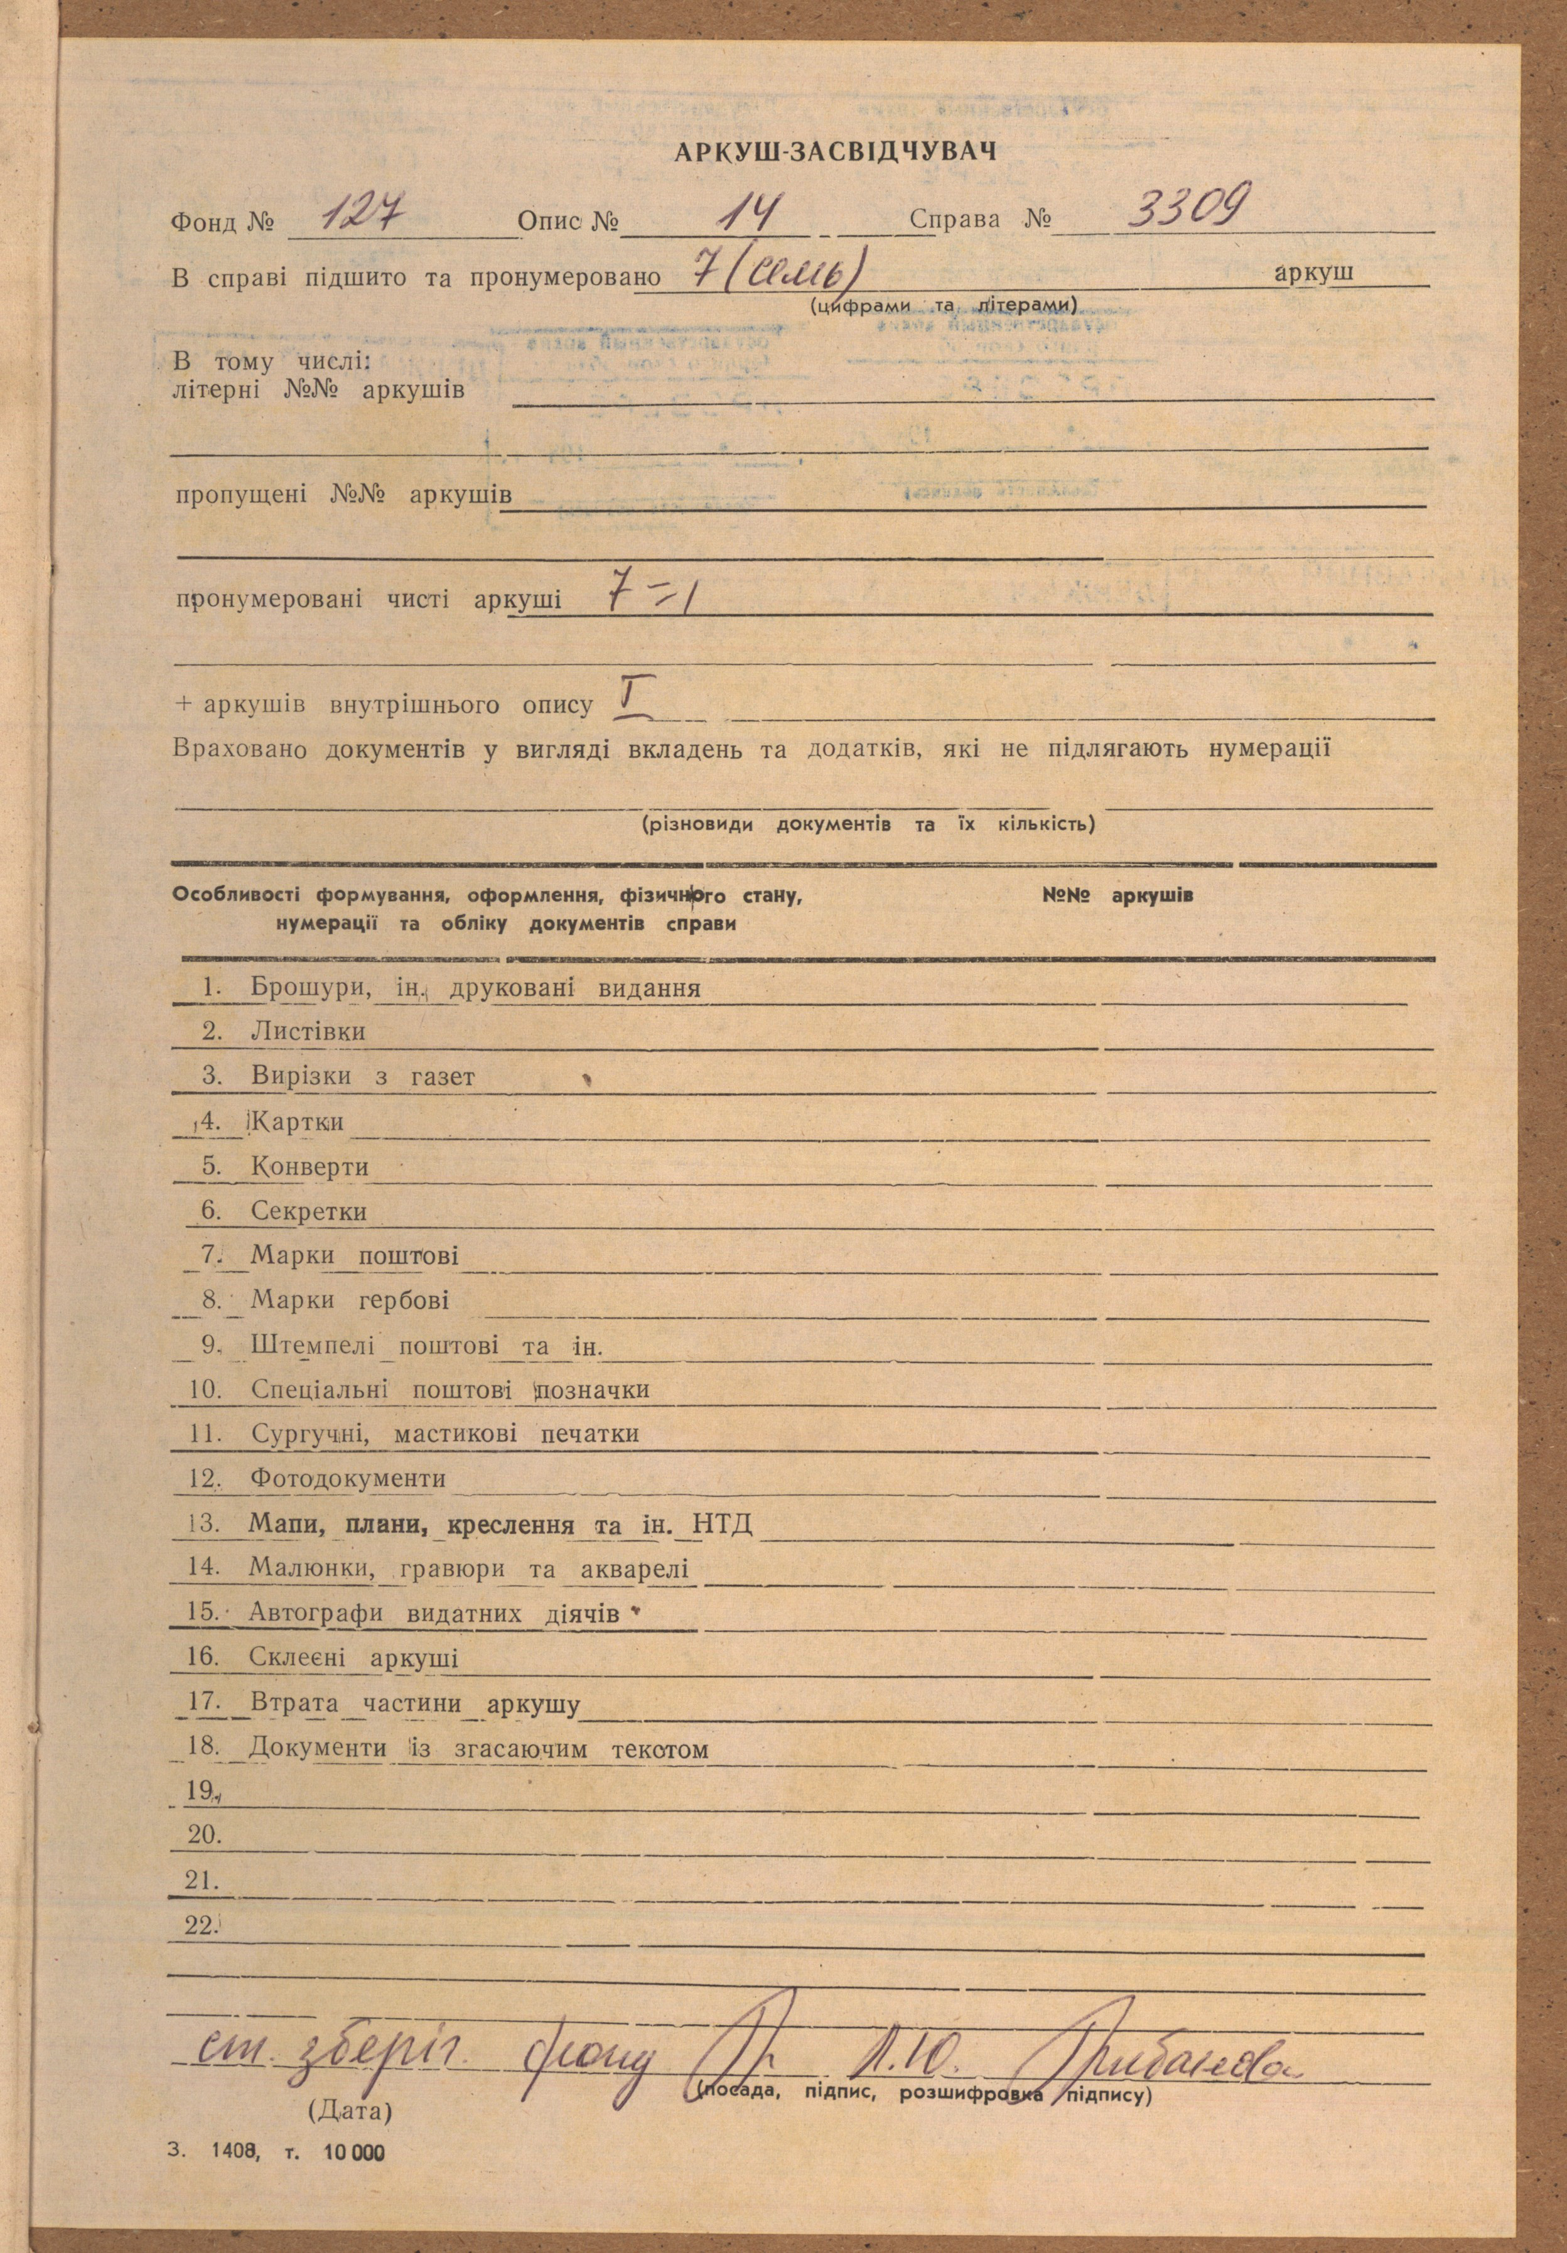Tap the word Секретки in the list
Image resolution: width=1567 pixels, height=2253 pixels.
pos(308,1211)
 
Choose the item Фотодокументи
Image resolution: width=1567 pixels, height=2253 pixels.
pos(348,1478)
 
